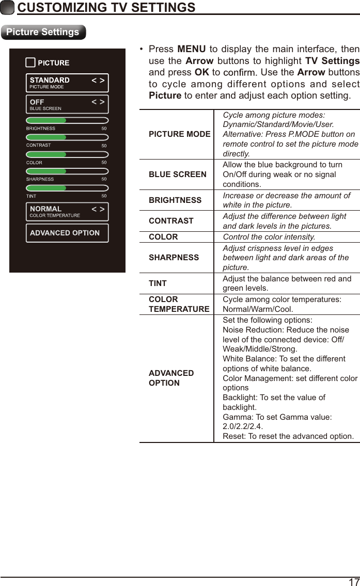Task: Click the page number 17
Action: click(x=354, y=581)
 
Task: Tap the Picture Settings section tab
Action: click(x=43, y=32)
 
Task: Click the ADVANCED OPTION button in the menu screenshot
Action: click(x=67, y=233)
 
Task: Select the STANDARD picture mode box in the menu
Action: click(x=67, y=83)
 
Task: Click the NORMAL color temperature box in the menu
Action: click(x=67, y=211)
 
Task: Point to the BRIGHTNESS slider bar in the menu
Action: click(x=67, y=120)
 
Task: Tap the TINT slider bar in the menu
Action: click(x=67, y=188)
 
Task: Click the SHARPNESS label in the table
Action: click(x=174, y=257)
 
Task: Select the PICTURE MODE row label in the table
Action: click(x=179, y=134)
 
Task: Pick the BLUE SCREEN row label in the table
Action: click(x=177, y=175)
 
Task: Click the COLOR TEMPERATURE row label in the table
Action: click(x=179, y=304)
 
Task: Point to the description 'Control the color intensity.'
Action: click(x=269, y=237)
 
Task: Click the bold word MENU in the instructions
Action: click(x=191, y=50)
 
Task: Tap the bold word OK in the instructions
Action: click(x=201, y=72)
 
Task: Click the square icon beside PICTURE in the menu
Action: click(x=30, y=62)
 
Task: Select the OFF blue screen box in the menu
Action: click(x=67, y=104)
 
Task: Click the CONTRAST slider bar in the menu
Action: click(x=67, y=137)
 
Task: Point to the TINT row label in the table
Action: click(x=158, y=283)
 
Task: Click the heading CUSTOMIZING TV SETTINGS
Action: click(x=106, y=8)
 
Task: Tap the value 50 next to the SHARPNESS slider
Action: click(x=104, y=179)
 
